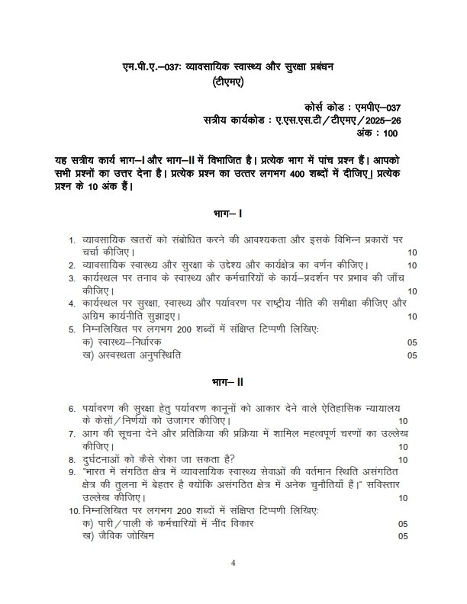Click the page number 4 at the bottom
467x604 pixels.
click(x=233, y=564)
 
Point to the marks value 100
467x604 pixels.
click(x=391, y=133)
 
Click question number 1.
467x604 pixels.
click(x=72, y=239)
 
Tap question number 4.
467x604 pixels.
click(x=72, y=304)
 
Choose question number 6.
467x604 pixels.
click(x=72, y=409)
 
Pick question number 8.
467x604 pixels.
click(x=72, y=459)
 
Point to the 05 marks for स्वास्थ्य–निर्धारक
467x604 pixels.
click(x=412, y=342)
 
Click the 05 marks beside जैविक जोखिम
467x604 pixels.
click(x=403, y=535)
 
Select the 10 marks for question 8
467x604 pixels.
click(x=403, y=459)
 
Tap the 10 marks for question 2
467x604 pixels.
click(x=412, y=265)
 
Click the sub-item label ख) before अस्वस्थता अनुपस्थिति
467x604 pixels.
click(x=87, y=355)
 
